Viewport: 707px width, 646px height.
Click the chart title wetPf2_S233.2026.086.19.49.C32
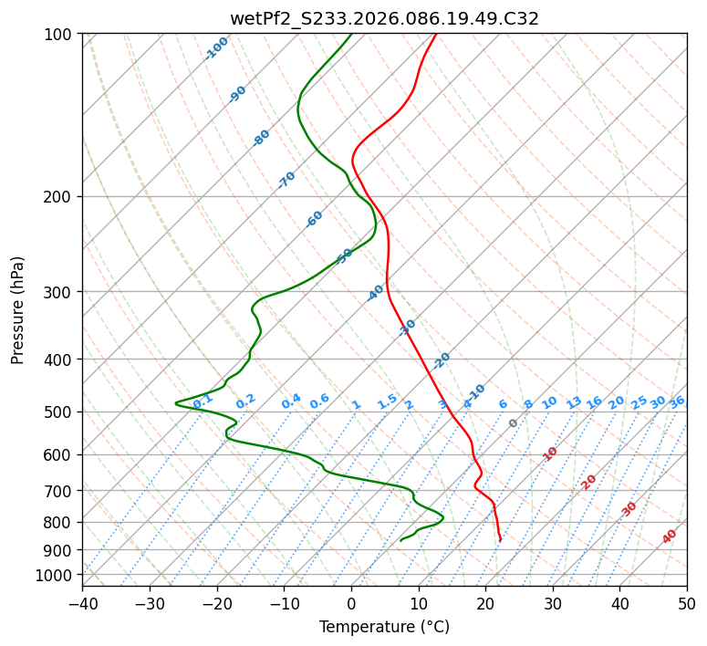tap(384, 18)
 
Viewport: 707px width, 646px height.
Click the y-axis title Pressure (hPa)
tap(18, 309)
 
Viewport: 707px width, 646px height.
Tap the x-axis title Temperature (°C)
tap(384, 627)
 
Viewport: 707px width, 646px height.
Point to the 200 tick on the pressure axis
tap(59, 196)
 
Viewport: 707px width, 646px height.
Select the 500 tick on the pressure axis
tap(59, 412)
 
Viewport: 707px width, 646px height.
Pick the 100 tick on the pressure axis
tap(59, 34)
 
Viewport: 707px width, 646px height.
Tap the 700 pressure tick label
tap(59, 491)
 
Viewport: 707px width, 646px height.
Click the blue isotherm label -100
tap(217, 48)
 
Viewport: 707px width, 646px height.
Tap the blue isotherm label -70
tap(286, 180)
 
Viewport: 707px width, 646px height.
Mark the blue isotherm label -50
tap(344, 256)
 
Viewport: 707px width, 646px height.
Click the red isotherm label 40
tap(670, 537)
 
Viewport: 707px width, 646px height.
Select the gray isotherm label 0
tap(514, 423)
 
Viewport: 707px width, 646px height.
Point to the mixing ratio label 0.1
tap(203, 401)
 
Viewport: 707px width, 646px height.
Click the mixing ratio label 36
tap(677, 401)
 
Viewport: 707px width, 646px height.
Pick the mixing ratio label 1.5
tap(387, 401)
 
